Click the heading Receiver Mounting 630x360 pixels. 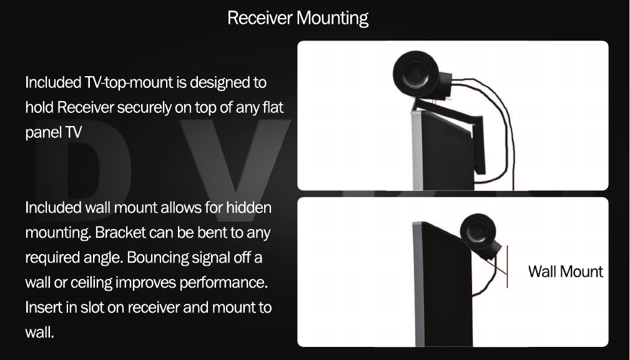(297, 18)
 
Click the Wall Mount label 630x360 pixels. (565, 272)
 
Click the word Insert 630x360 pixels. (42, 308)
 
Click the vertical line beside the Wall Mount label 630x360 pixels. (507, 265)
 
